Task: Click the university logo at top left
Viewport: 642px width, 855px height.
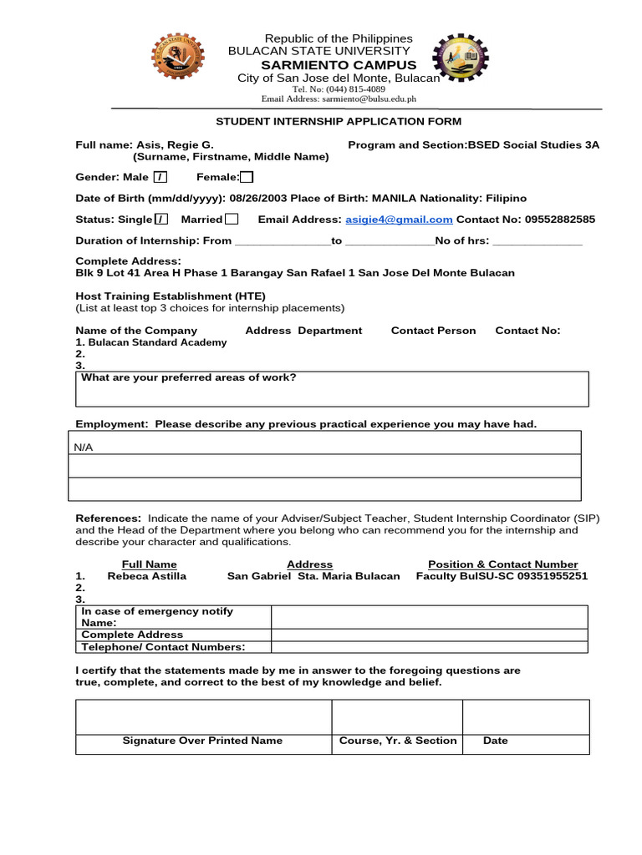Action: (176, 58)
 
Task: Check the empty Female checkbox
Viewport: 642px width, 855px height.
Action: (247, 177)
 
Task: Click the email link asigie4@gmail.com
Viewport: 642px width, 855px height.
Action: (399, 220)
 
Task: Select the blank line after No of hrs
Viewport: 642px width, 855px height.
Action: (538, 242)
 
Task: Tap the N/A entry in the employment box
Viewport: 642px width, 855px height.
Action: (84, 448)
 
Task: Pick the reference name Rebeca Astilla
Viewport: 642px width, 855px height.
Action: (147, 576)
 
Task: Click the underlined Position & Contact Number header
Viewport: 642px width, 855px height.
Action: (502, 564)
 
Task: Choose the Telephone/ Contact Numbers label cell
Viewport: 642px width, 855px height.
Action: (163, 647)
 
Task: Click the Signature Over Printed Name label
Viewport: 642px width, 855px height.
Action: (202, 741)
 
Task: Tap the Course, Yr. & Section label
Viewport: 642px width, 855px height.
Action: (398, 741)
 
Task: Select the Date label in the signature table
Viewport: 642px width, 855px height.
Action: (496, 741)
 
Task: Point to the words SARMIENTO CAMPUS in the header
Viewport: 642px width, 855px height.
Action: (339, 65)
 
